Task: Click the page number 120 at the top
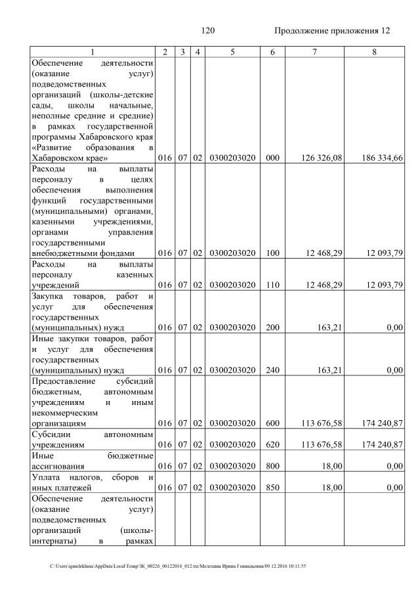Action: click(x=209, y=31)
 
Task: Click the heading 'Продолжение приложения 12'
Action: click(x=332, y=31)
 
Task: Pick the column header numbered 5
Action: click(x=232, y=52)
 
